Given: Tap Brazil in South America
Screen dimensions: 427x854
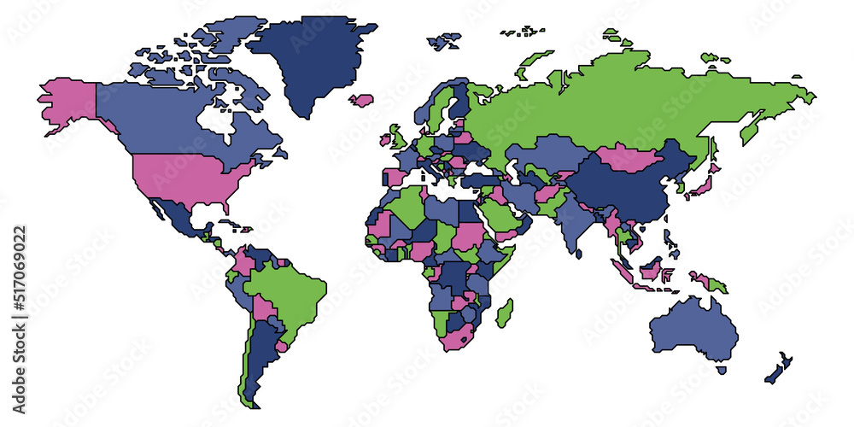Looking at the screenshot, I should pyautogui.click(x=290, y=290).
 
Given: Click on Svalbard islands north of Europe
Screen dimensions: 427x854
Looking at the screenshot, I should pyautogui.click(x=444, y=40).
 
